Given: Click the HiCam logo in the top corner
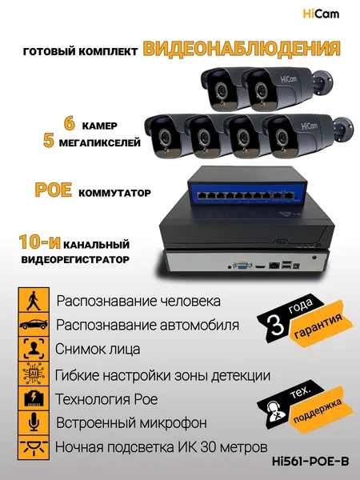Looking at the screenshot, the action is tap(321, 14).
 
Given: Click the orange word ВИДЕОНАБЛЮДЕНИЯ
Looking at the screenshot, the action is tap(242, 48).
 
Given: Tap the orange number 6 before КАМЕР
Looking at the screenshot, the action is tap(70, 123).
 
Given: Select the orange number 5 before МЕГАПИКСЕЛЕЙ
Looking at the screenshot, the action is tap(49, 141).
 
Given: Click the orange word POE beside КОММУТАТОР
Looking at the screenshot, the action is tap(54, 190).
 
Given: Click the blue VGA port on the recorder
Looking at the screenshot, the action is tap(242, 265).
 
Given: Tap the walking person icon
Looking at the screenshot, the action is tap(34, 300).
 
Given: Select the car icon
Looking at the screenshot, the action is tap(34, 324).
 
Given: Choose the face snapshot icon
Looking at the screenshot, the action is tap(34, 349).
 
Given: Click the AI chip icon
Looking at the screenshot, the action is tap(34, 373).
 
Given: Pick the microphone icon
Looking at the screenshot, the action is tap(34, 422).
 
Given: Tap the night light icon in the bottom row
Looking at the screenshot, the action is tap(34, 447).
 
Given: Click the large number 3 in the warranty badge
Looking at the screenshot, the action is tap(277, 325).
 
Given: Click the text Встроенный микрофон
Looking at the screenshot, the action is tap(131, 422).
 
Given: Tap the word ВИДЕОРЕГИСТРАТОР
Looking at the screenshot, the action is tap(75, 259).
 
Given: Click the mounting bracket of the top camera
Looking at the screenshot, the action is tap(323, 79).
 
